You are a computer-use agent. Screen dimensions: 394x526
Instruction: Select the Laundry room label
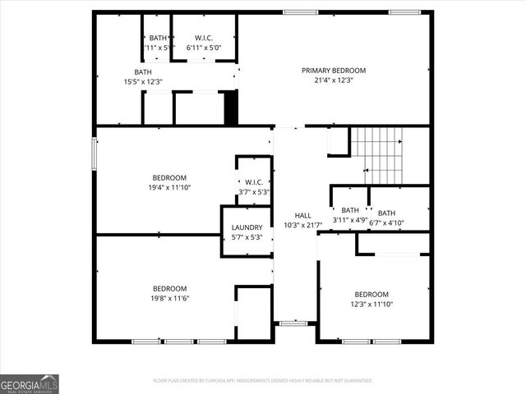247,227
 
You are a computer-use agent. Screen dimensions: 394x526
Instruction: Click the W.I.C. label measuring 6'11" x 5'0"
204,38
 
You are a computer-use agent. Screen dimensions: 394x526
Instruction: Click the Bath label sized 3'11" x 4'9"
350,210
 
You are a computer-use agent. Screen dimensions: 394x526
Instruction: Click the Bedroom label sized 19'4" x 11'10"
169,177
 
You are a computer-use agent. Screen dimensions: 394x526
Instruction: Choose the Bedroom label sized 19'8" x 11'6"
169,288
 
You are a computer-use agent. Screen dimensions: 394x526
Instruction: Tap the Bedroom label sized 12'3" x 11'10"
371,295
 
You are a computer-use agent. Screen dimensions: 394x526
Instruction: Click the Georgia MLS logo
30,383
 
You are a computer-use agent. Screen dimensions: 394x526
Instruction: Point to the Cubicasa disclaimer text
263,381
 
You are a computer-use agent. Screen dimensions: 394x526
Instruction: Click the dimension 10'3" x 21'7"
302,225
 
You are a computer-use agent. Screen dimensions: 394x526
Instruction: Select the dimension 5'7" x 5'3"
247,237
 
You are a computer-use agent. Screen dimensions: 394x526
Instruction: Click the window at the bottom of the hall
291,323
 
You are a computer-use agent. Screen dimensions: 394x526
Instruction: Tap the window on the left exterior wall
94,153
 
